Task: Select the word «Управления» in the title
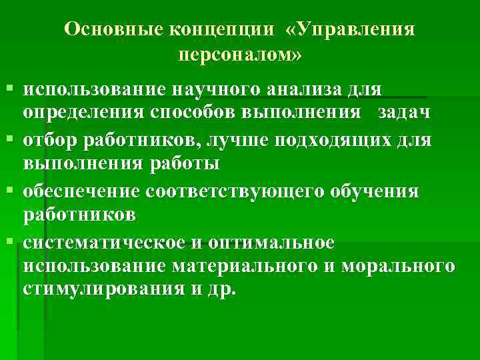[x=353, y=30]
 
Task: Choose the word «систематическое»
[x=99, y=243]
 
